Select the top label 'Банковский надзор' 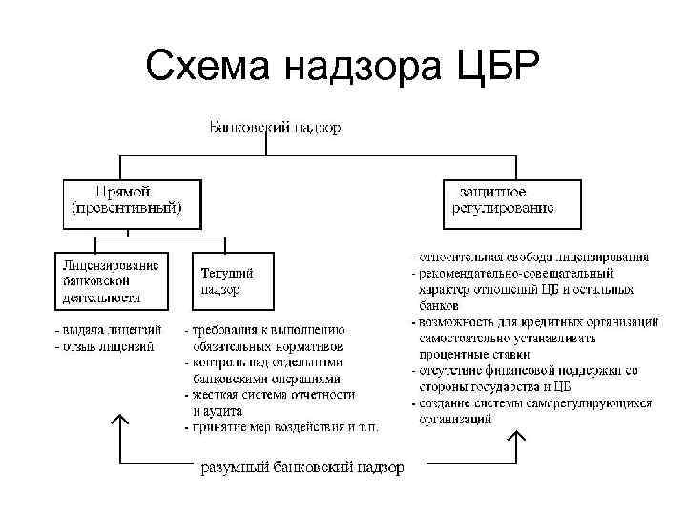point(274,127)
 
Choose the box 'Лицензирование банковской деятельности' point(111,278)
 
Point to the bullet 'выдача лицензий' point(106,330)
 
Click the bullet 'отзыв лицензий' point(104,346)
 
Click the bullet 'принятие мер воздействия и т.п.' point(281,427)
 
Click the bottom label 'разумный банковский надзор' point(301,467)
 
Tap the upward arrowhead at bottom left point(119,421)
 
